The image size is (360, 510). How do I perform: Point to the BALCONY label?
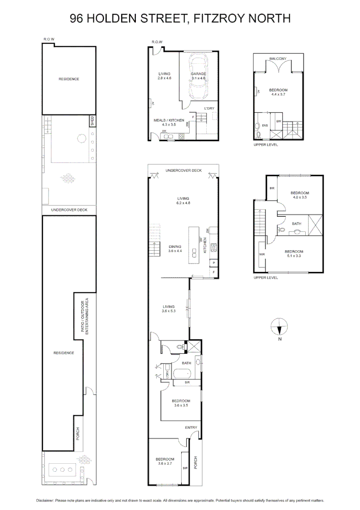point(278,59)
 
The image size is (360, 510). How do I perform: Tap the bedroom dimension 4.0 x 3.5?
point(300,197)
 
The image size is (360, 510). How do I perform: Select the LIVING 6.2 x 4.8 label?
point(183,201)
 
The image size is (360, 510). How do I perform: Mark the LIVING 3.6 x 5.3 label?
point(168,309)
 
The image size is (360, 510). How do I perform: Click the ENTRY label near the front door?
point(191,427)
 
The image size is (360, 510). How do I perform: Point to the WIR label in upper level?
point(262,254)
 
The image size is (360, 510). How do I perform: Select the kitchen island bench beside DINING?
point(194,246)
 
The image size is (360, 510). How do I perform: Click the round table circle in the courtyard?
point(82,139)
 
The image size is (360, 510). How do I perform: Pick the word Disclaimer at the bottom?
point(45,501)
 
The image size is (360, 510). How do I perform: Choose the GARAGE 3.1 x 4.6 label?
point(198,76)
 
